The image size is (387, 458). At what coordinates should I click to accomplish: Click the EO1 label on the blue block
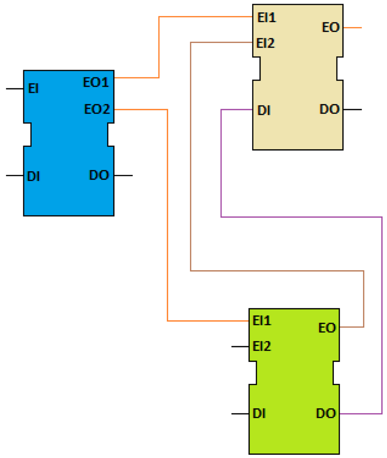96,82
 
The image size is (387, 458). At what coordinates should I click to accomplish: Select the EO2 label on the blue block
97,109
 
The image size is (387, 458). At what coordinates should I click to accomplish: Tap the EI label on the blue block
33,88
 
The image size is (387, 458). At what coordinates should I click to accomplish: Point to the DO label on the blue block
99,175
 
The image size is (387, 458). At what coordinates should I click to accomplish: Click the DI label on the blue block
33,176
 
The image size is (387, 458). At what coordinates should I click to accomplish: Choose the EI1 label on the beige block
266,18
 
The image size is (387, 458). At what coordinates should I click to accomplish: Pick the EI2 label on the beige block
265,44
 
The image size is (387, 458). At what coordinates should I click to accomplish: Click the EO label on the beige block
331,27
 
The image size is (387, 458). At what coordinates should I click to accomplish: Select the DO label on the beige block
329,109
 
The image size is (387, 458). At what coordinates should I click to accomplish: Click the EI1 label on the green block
262,320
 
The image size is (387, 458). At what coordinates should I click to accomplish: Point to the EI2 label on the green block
262,347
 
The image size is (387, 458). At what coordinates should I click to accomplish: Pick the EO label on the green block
327,328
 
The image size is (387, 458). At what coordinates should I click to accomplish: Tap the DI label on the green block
260,414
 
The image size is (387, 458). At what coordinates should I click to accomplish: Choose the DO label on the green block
326,413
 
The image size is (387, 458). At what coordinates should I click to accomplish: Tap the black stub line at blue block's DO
123,175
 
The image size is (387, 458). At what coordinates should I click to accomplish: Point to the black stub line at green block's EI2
240,347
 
